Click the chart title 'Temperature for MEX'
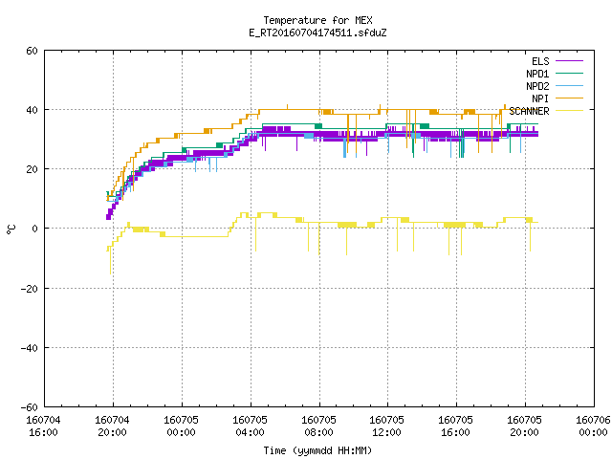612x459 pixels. [x=317, y=20]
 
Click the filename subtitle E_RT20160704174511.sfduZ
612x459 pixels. [x=317, y=33]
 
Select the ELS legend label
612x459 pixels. [x=540, y=61]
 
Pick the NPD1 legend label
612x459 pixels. [x=537, y=74]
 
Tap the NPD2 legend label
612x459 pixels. [x=537, y=86]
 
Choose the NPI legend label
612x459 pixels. [x=540, y=98]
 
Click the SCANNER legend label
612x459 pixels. [x=529, y=111]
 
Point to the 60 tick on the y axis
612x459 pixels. [x=32, y=51]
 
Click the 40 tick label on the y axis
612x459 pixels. [x=32, y=110]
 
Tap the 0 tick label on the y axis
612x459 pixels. [x=34, y=229]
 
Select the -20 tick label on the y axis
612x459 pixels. [x=29, y=289]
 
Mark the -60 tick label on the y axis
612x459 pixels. [x=29, y=407]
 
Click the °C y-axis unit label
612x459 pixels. [x=11, y=229]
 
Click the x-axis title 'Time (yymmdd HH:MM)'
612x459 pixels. [x=317, y=450]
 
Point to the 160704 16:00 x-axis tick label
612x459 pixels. [x=43, y=426]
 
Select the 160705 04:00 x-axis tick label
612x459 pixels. [x=250, y=426]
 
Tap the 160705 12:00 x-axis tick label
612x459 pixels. [x=386, y=426]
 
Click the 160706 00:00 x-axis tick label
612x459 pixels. [x=593, y=426]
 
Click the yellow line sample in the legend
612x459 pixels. [x=569, y=111]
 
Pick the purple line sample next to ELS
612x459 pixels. [x=569, y=61]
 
